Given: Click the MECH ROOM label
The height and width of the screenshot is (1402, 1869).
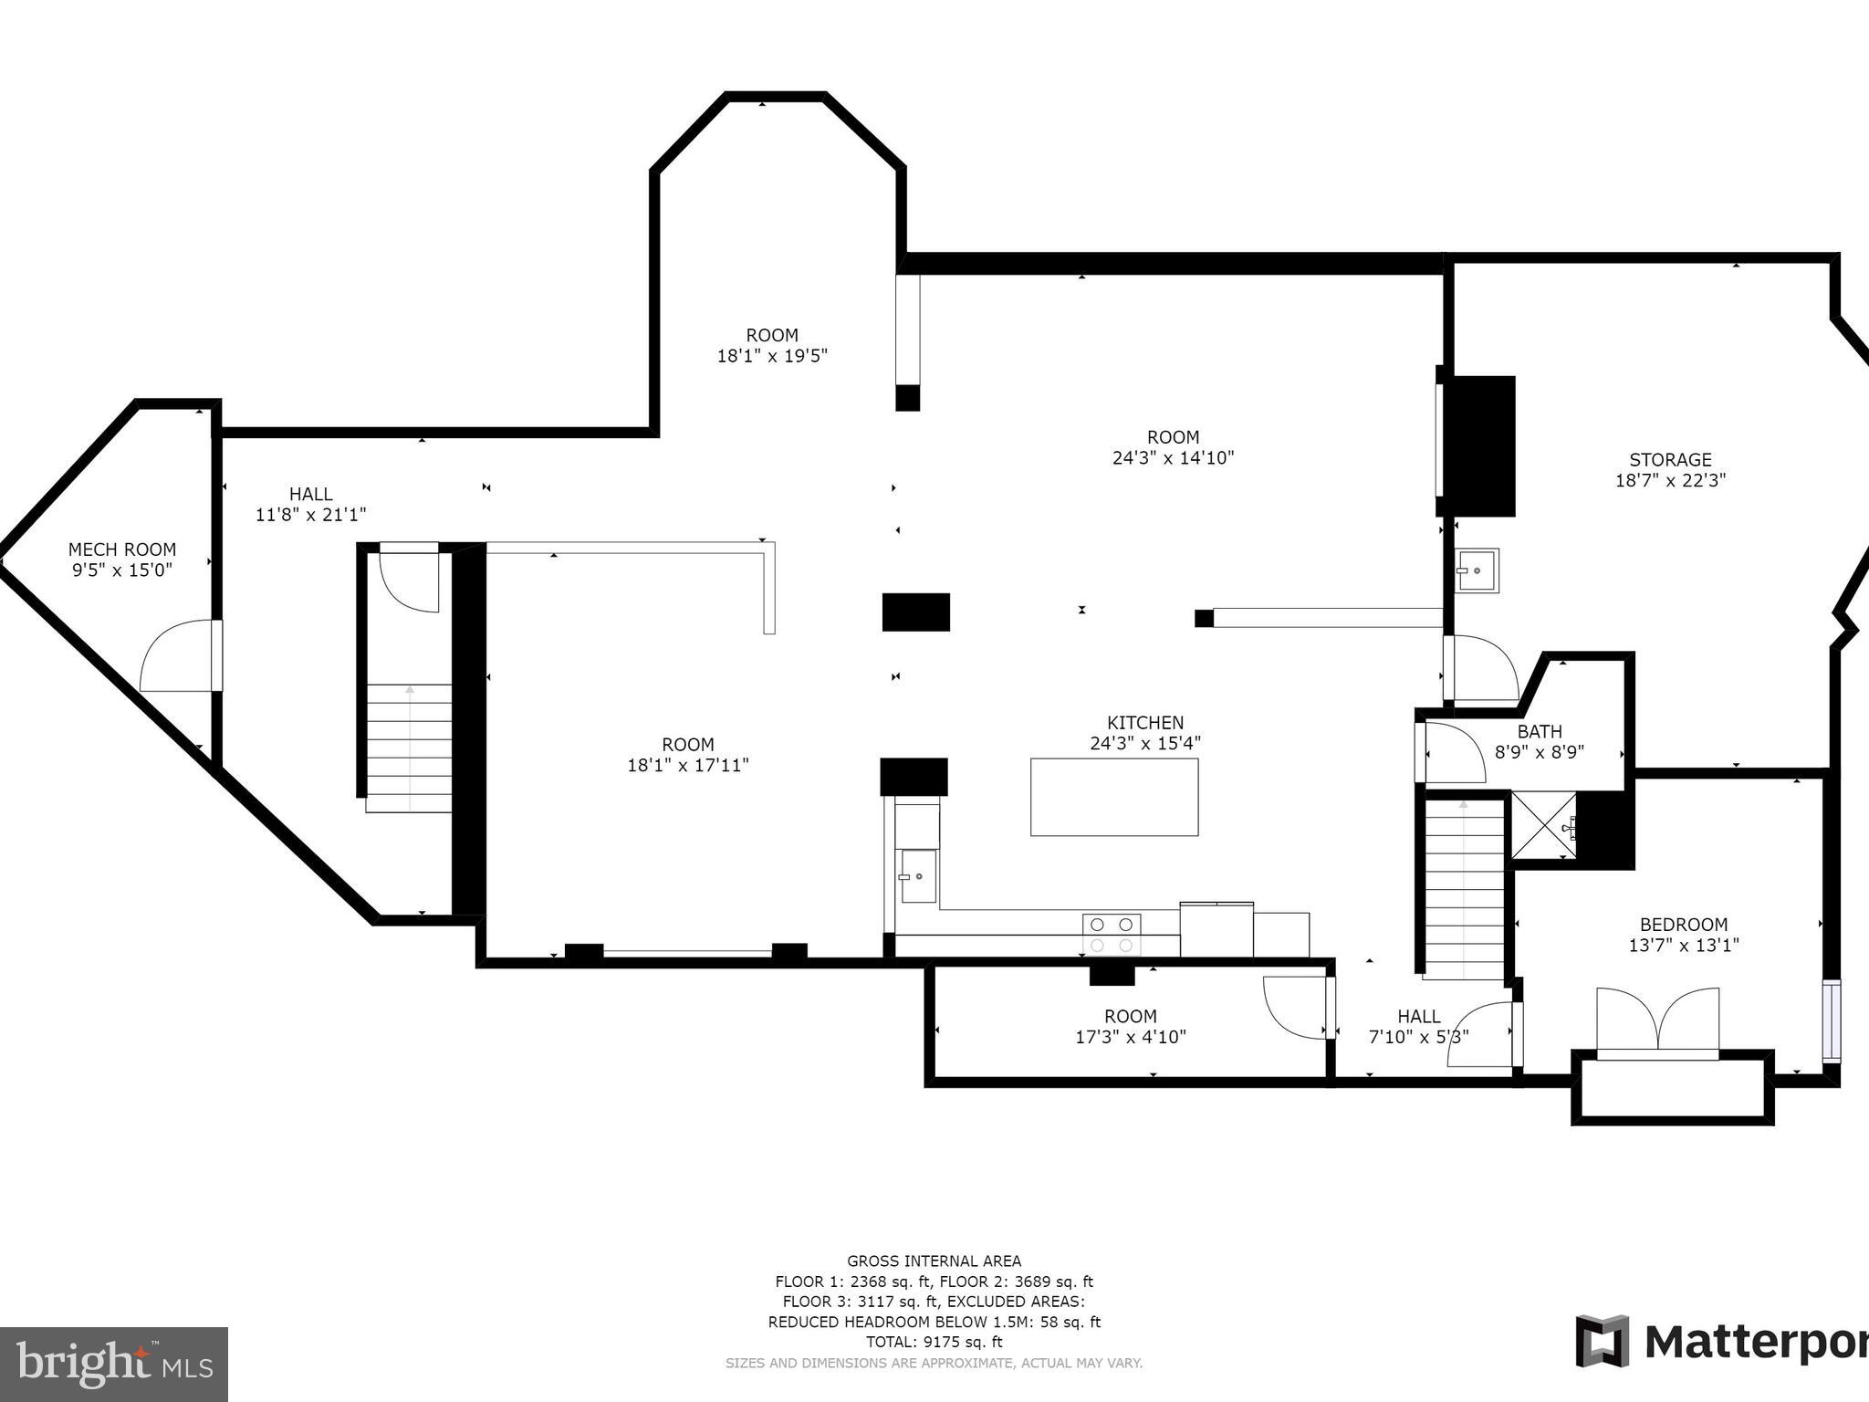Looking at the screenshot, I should click(122, 549).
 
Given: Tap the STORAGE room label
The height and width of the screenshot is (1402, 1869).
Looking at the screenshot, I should click(1670, 460).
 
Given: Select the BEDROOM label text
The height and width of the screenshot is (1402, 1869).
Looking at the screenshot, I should click(1683, 925).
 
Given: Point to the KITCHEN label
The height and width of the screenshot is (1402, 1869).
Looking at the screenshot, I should click(1145, 723).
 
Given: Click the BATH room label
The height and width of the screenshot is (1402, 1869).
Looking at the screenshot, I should click(1540, 732).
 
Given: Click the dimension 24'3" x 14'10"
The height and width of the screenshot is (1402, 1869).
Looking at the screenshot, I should click(1173, 458).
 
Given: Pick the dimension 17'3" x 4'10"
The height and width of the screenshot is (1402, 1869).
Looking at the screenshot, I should click(1131, 1037).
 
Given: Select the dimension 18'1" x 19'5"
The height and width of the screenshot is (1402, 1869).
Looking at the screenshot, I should click(772, 356).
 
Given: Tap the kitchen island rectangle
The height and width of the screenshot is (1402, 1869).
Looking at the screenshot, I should click(1114, 797).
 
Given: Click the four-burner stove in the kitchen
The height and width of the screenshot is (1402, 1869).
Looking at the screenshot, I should click(1112, 935).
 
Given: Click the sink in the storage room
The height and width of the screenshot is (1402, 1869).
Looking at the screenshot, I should click(1476, 570).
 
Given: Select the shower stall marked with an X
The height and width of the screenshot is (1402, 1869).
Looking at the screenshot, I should click(1543, 825).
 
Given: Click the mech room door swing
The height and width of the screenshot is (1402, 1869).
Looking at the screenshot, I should click(179, 657).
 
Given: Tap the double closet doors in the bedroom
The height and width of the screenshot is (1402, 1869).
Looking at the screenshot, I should click(1657, 1022).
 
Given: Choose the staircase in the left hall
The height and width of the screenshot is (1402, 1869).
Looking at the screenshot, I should click(409, 748).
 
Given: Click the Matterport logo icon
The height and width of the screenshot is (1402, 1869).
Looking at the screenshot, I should click(1602, 1342).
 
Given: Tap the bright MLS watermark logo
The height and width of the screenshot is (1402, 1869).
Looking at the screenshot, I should click(113, 1365).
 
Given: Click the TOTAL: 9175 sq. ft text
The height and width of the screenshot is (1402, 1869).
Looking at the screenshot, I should click(934, 1342).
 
